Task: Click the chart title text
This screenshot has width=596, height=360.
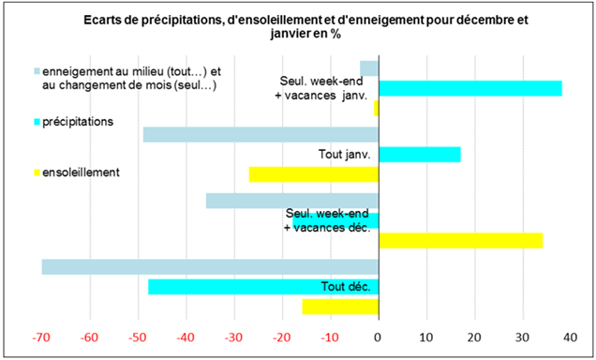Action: (x=298, y=27)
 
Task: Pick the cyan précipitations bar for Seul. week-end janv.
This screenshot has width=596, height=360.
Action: (x=469, y=88)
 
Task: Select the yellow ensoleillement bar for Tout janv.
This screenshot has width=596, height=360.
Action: (x=313, y=173)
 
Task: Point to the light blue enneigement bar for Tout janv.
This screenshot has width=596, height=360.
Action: (x=260, y=134)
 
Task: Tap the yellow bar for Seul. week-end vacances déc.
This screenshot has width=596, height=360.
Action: (x=460, y=240)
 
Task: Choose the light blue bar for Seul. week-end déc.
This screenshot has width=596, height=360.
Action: (x=291, y=201)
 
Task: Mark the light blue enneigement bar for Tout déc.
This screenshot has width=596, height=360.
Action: (x=210, y=267)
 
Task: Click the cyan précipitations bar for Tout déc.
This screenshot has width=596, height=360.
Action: (x=262, y=287)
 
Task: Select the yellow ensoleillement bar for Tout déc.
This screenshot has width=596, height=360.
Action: (x=339, y=307)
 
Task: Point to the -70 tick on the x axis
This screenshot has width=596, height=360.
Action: (x=41, y=337)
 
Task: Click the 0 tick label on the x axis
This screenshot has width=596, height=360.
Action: (x=378, y=337)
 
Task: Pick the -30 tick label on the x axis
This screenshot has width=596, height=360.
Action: (x=233, y=337)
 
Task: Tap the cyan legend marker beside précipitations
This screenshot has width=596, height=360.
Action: (x=37, y=121)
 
